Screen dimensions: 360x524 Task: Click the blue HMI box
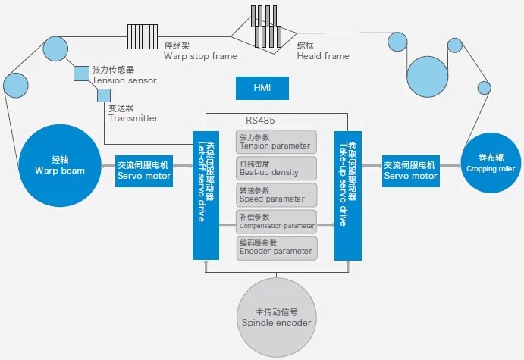point(262,89)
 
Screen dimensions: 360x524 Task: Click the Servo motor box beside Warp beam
point(143,170)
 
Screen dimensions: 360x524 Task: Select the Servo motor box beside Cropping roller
point(410,170)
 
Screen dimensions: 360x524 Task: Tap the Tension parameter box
point(275,142)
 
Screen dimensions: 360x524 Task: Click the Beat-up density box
point(275,168)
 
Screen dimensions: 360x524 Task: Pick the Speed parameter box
point(275,195)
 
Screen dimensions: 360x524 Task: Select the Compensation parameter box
point(275,222)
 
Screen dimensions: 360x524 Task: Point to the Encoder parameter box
point(275,247)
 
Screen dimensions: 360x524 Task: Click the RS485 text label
point(262,120)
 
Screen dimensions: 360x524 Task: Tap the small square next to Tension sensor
point(81,74)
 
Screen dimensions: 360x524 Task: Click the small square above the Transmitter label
point(104,95)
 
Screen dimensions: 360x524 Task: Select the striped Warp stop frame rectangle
point(142,35)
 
